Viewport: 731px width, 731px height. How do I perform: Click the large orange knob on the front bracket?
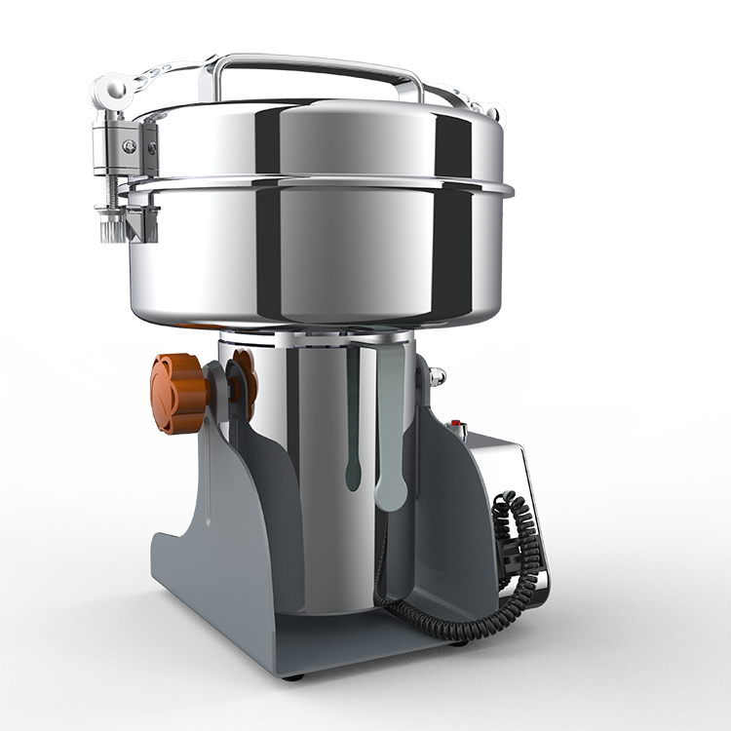tap(178, 393)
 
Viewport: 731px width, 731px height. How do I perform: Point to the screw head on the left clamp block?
tap(128, 146)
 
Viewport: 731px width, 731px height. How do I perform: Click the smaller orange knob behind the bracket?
tap(243, 380)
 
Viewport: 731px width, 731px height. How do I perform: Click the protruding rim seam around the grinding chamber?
tap(322, 182)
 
